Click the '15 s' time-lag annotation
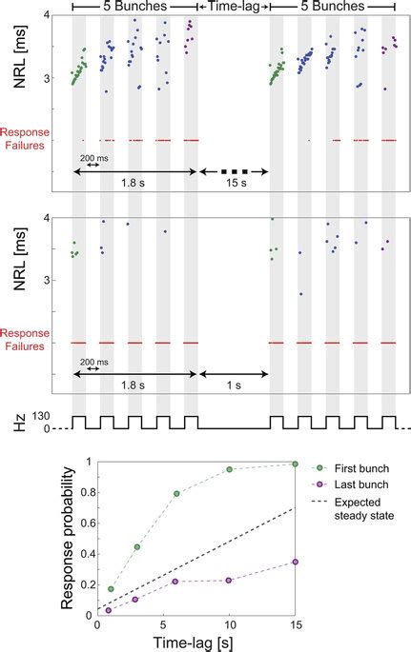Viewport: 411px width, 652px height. pos(234,184)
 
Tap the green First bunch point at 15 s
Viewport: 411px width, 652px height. pos(296,464)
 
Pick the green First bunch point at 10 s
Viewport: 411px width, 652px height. pos(230,469)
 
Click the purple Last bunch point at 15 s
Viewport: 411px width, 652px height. pos(296,562)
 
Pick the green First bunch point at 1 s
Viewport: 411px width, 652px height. pos(111,589)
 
